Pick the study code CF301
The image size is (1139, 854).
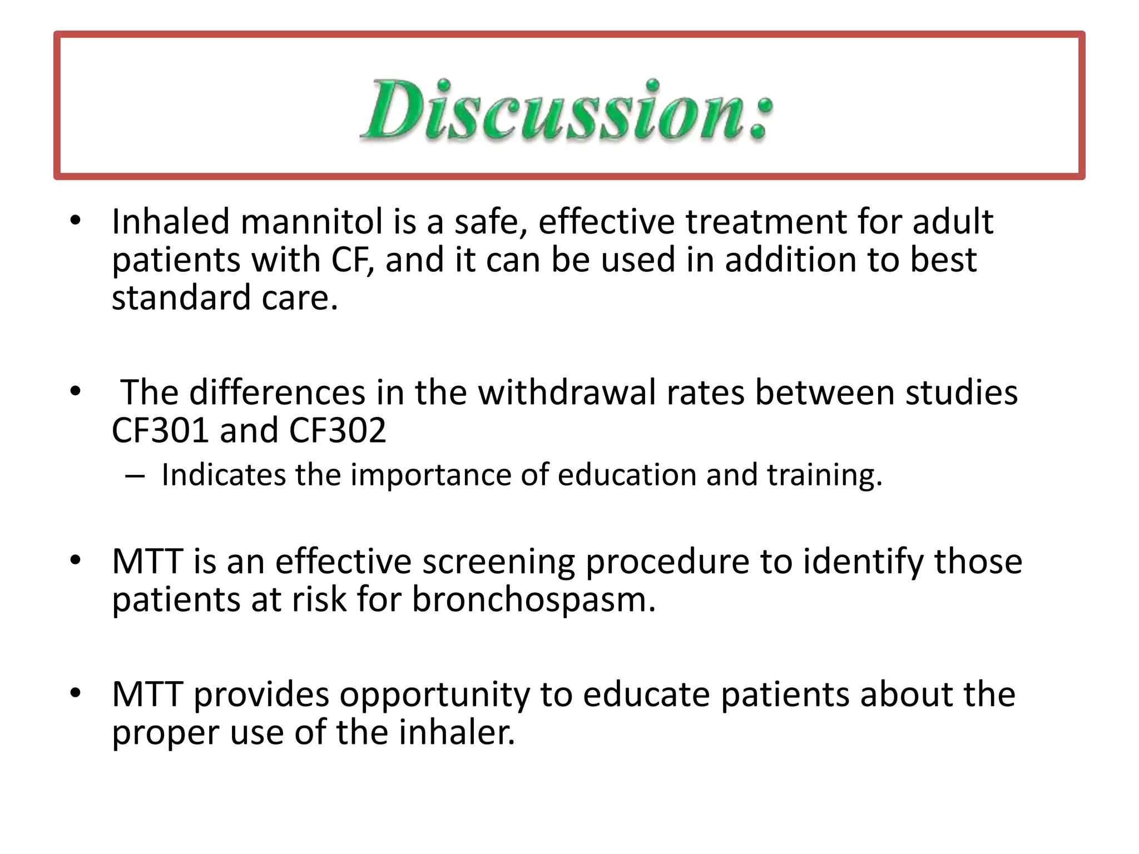tap(160, 430)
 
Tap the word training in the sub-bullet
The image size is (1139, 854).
tap(824, 475)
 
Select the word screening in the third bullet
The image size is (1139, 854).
tap(498, 562)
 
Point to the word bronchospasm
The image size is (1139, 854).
tap(533, 600)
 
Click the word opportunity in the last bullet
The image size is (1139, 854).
tap(434, 694)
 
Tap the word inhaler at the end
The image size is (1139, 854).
tap(456, 732)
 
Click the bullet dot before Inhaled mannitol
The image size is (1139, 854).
tap(76, 221)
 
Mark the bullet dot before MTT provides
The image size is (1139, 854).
tap(76, 694)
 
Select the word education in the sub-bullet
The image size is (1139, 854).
tap(626, 475)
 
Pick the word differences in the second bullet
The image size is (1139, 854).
tap(276, 393)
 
